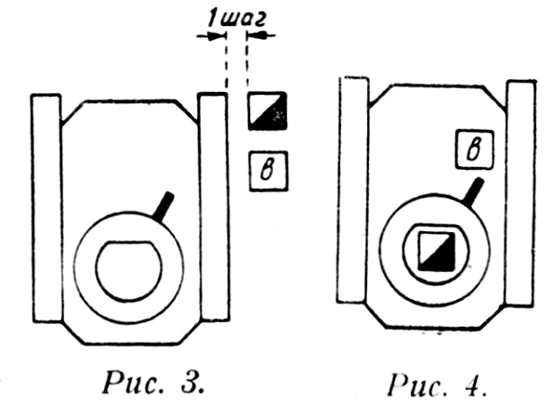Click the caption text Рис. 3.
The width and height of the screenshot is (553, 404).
[x=153, y=383]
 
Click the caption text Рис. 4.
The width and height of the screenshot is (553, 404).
[x=438, y=385]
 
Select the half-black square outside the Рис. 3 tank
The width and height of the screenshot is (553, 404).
[x=268, y=111]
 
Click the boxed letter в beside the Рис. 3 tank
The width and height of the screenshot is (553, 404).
[x=269, y=171]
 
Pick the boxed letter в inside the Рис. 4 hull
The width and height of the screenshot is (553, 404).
[x=474, y=150]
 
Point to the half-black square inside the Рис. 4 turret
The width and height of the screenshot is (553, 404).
[x=437, y=251]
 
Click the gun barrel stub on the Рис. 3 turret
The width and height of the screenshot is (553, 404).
[x=164, y=206]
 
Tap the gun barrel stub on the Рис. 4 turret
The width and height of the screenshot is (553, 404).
[x=473, y=191]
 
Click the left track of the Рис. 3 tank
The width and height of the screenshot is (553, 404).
[x=46, y=208]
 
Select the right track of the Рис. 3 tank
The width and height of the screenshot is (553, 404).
[x=214, y=206]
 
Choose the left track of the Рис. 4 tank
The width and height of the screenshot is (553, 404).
[x=352, y=189]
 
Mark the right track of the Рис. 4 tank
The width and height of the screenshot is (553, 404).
[x=520, y=193]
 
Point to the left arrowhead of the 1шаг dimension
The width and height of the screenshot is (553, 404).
[x=217, y=36]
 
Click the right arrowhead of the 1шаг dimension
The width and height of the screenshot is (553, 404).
[x=255, y=35]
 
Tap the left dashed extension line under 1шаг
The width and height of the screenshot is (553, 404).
[x=226, y=62]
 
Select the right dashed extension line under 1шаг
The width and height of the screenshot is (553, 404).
[x=247, y=60]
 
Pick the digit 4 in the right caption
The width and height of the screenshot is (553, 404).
[x=474, y=386]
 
